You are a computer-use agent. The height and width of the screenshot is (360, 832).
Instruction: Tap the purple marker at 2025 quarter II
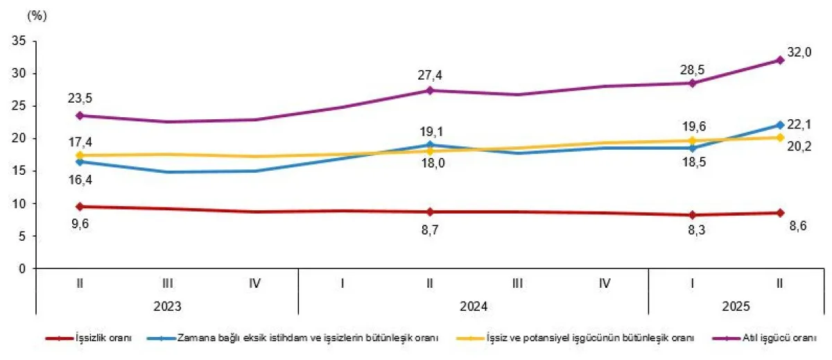779,60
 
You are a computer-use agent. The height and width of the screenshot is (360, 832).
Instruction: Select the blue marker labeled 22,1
779,125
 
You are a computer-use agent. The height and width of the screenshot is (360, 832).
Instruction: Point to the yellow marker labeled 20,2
779,137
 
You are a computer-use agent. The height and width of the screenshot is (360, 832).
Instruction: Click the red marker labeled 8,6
779,213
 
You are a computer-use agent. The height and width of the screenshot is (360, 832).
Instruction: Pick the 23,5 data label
80,98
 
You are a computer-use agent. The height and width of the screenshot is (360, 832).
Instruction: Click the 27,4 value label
430,74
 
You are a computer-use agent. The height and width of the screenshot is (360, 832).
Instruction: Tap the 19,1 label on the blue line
430,129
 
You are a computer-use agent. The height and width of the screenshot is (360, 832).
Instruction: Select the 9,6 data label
80,223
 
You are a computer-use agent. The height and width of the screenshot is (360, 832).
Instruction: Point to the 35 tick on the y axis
20,42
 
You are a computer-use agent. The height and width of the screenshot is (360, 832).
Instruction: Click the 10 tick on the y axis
20,204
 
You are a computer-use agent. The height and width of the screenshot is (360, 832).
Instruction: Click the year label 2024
474,305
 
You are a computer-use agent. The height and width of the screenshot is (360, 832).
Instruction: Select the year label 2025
736,305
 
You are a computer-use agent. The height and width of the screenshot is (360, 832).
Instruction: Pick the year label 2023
168,305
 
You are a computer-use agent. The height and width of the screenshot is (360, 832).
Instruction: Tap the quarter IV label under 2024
605,283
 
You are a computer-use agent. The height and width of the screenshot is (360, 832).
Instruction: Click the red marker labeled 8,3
692,215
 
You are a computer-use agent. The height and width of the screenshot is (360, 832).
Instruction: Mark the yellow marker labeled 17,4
80,155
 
